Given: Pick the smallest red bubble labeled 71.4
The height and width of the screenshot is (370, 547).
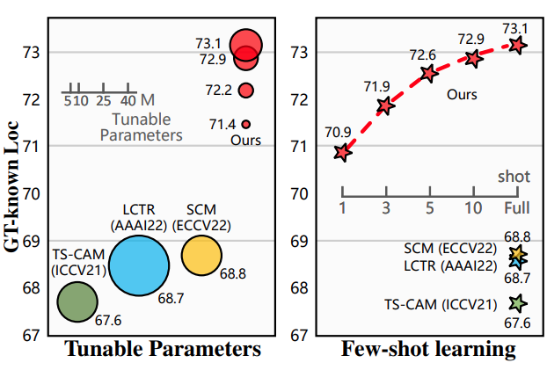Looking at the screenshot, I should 246,124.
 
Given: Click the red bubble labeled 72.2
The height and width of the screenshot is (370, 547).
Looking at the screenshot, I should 246,90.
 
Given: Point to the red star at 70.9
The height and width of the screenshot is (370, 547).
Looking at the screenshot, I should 343,153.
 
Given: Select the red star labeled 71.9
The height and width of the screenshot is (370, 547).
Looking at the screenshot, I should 385,106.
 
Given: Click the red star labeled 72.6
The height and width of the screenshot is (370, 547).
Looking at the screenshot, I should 429,74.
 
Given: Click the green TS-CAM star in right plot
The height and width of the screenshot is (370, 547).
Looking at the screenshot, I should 518,303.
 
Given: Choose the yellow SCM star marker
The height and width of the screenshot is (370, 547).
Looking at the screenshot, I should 518,255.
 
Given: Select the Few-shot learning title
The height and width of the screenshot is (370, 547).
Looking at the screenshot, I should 427,350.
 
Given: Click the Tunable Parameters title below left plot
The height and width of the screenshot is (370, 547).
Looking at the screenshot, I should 163,350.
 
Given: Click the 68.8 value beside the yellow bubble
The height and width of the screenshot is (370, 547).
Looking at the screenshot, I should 233,274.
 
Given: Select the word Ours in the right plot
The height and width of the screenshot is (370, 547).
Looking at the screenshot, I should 463,93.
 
